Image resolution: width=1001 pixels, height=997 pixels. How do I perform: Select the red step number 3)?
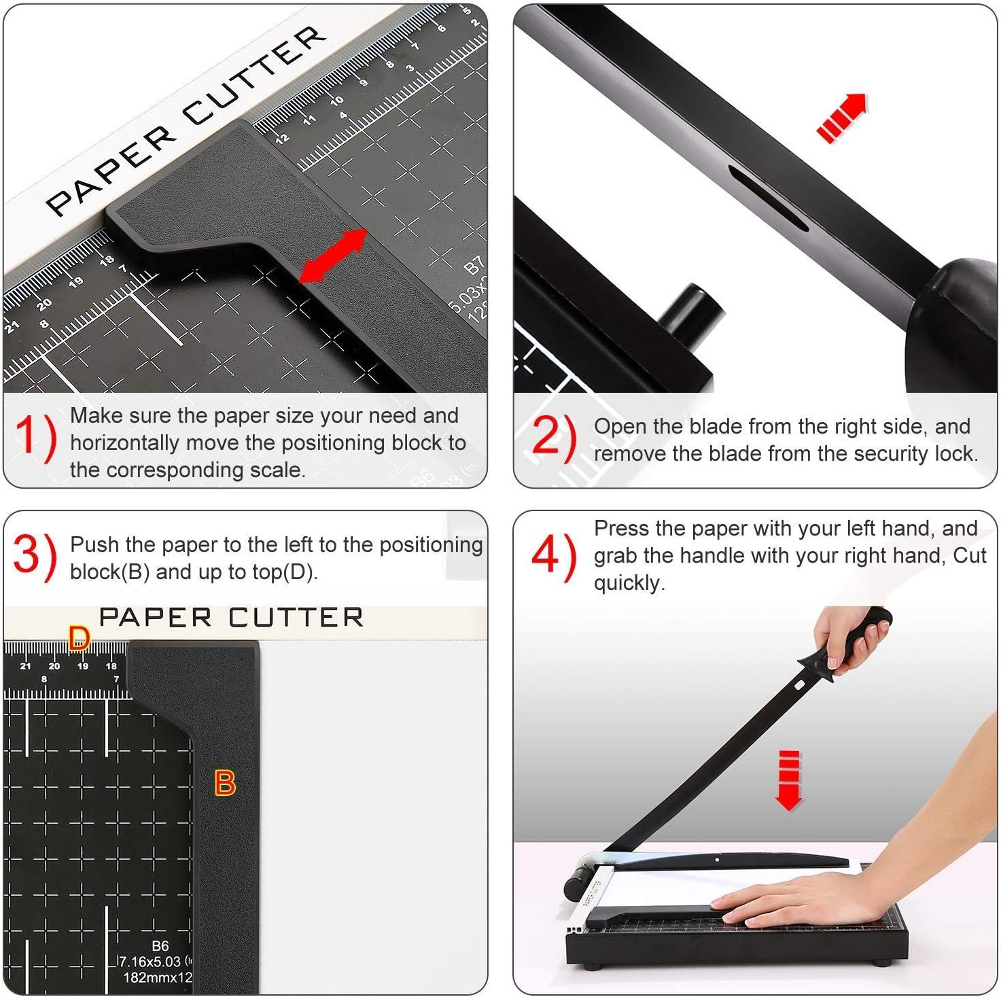tap(34, 556)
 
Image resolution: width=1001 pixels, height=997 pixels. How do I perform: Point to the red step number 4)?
tap(553, 556)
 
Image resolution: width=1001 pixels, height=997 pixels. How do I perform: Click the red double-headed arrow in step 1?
tap(333, 256)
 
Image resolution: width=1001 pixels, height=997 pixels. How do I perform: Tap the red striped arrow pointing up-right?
tap(842, 117)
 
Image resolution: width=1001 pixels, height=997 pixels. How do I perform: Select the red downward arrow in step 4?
tap(788, 781)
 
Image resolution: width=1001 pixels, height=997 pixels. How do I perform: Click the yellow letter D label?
tap(79, 638)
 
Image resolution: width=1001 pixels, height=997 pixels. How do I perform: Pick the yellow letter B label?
tap(225, 783)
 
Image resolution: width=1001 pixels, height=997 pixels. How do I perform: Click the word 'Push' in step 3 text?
tap(94, 545)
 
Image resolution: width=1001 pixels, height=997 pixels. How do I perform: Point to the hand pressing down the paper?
tap(788, 897)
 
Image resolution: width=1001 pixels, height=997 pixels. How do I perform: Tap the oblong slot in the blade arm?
tap(769, 198)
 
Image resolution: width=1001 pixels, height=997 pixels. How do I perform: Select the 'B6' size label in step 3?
tap(160, 946)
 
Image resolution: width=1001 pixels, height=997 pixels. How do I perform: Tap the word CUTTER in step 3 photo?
tap(296, 618)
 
